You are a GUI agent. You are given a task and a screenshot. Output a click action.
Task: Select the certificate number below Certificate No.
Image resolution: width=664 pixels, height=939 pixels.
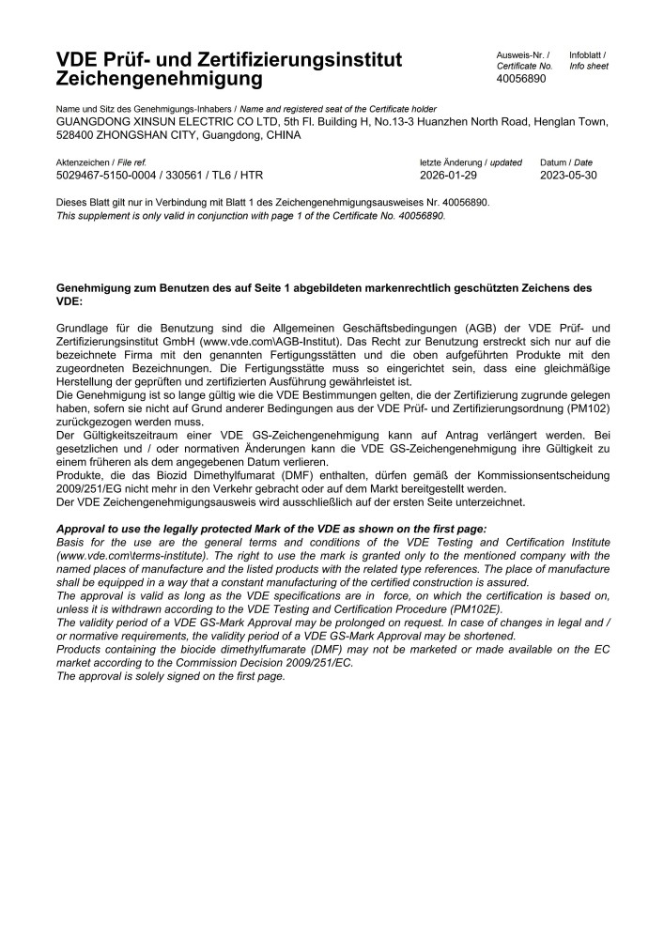coord(520,79)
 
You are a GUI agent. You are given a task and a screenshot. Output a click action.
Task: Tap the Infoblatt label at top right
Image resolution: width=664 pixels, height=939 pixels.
coord(587,55)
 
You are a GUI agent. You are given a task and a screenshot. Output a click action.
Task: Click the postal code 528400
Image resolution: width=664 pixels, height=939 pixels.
coord(77,134)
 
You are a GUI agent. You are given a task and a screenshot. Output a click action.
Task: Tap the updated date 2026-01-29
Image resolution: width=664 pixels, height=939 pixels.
coord(449,175)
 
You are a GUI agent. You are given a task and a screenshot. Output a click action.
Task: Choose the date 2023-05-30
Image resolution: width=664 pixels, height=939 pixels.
coord(568,175)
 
